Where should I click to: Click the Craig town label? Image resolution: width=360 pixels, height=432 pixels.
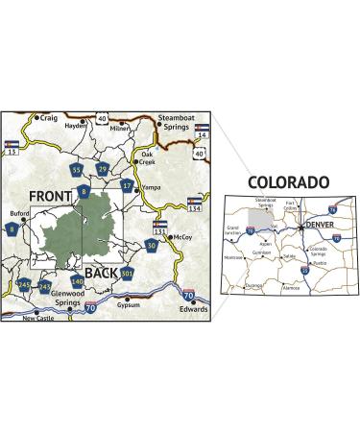point(47,117)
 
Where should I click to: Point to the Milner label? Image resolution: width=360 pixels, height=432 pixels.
point(120,128)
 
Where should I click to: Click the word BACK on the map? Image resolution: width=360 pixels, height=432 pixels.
point(102,272)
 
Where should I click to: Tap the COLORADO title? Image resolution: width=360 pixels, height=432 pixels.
point(288,182)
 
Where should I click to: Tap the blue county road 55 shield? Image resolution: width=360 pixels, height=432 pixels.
point(77,170)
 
